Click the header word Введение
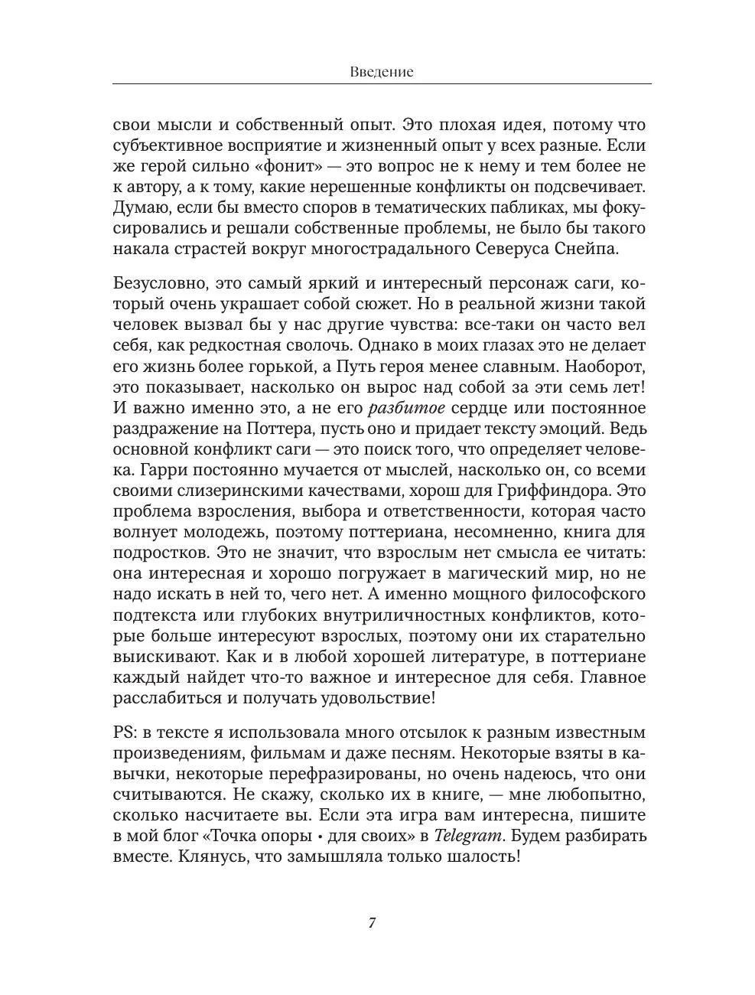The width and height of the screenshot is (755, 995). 382,72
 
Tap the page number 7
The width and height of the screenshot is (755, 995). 372,922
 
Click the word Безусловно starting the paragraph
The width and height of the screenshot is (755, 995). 159,284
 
